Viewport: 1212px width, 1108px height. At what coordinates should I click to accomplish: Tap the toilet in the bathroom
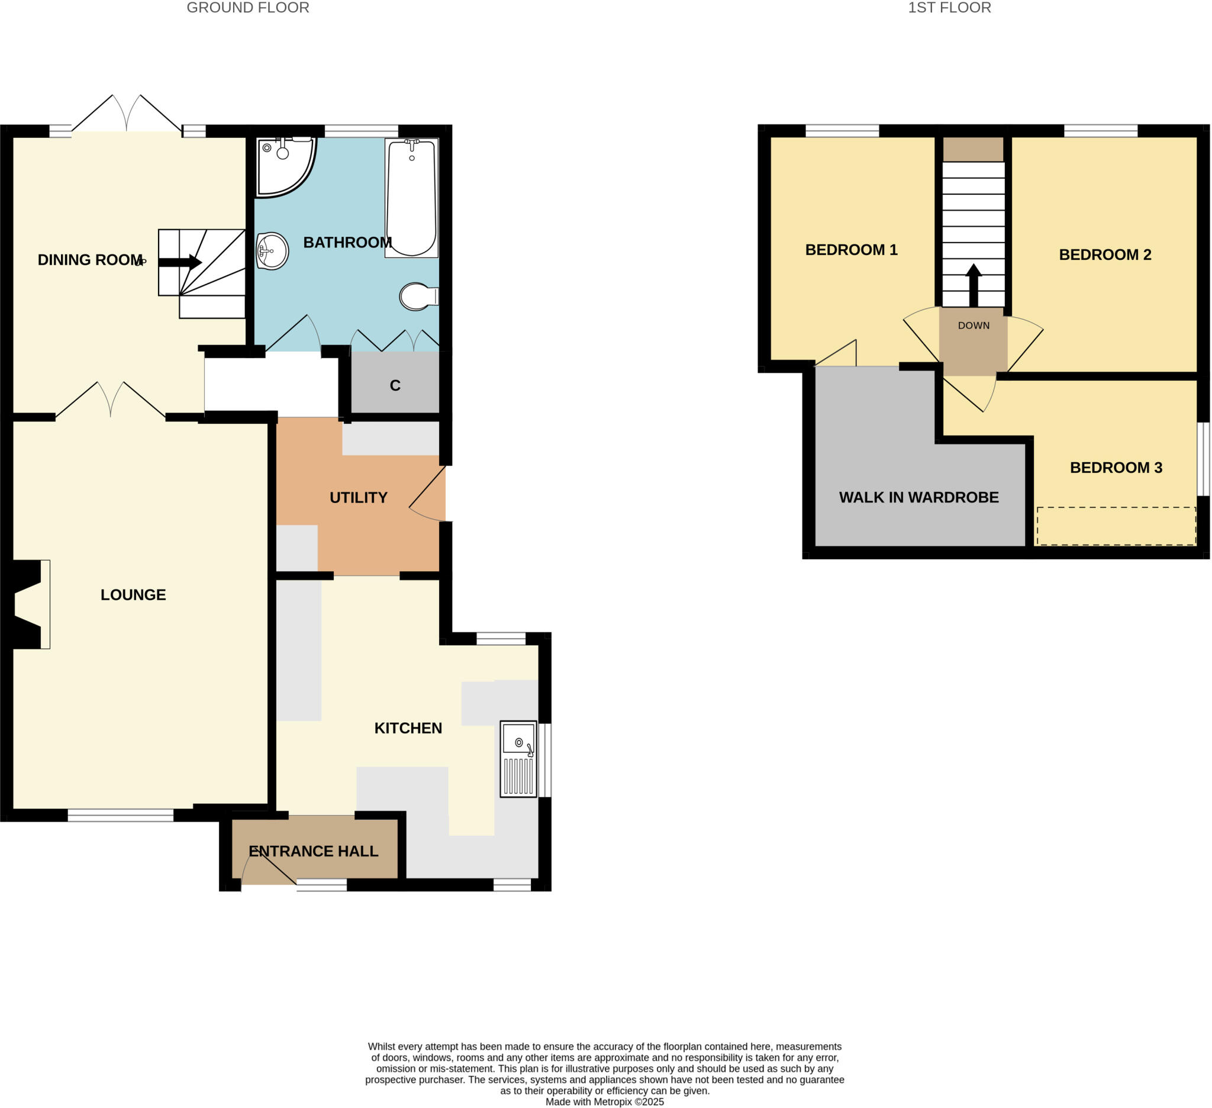417,297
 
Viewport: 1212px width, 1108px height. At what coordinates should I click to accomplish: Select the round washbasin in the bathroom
272,251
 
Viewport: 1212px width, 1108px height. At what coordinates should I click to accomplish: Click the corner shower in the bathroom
282,164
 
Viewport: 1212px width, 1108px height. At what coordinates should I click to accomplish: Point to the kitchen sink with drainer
518,759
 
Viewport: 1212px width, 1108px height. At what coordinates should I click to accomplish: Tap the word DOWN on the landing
974,326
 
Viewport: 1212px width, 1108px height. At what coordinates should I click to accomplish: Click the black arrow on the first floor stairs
974,286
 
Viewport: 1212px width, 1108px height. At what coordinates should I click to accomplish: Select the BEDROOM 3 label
1116,467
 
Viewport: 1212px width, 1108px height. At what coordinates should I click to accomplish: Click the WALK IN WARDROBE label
918,497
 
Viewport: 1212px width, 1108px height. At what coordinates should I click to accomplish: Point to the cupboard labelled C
395,385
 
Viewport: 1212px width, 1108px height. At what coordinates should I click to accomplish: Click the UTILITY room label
358,497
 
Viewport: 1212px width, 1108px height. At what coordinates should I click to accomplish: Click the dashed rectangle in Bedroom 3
1116,526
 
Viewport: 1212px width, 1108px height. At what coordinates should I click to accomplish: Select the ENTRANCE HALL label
313,851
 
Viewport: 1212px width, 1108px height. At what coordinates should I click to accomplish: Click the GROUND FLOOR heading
248,8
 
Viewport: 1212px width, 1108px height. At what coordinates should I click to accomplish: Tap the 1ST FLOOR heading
949,8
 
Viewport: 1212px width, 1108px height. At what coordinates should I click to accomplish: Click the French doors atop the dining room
127,114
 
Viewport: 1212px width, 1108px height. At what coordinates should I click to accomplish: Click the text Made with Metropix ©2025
604,1101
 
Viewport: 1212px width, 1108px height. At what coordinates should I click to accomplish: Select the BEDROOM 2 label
1105,255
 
